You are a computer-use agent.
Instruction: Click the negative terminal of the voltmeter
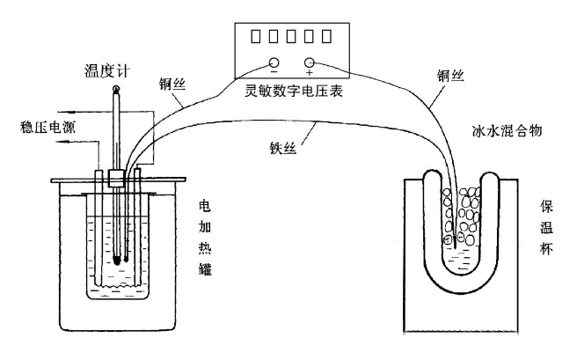point(274,63)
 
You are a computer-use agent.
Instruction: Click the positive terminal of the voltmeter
point(310,63)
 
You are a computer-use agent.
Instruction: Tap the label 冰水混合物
point(505,130)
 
